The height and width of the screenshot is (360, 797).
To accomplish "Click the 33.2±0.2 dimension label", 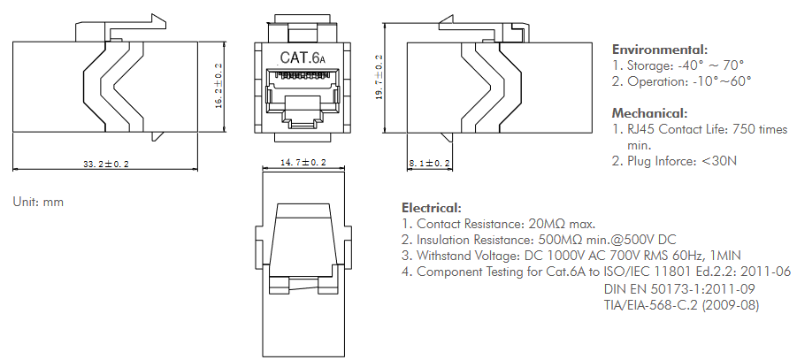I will click(x=105, y=165).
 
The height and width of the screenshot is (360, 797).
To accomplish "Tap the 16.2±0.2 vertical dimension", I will click(x=218, y=85).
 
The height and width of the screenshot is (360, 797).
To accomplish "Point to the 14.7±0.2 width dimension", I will click(x=303, y=163).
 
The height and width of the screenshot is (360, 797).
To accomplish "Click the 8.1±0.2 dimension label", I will click(x=430, y=164).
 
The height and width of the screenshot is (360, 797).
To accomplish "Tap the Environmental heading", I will click(x=660, y=50).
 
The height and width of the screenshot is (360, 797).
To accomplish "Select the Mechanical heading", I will click(x=649, y=113).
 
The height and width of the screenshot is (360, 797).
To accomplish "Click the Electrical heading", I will click(x=432, y=207).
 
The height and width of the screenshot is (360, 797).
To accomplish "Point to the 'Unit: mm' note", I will click(x=38, y=202).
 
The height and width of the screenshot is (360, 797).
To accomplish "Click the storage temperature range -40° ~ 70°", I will click(x=711, y=65).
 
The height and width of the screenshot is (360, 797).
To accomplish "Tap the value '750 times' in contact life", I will click(x=759, y=129).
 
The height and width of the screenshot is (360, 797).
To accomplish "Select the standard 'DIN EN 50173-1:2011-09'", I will click(x=679, y=289).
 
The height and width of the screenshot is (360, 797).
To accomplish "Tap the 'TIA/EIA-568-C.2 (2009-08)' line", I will click(x=681, y=305).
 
